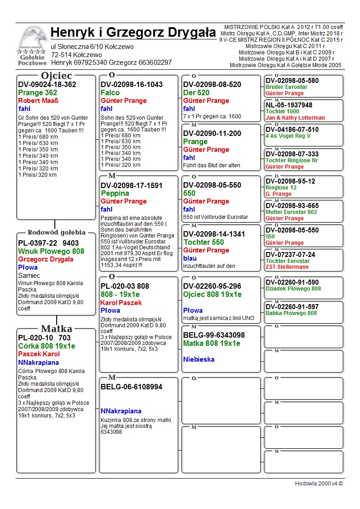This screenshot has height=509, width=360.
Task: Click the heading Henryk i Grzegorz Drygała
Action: coord(133,33)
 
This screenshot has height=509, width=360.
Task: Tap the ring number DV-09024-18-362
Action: coord(47,85)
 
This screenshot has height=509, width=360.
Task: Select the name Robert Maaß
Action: coord(39,101)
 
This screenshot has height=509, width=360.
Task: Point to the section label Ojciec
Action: coord(56,76)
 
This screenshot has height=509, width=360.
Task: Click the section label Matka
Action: coord(56,329)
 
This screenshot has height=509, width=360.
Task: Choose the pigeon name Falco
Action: coord(110,93)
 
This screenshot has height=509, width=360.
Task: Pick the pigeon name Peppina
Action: coord(115,194)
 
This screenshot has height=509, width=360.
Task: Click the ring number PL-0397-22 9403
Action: coord(49,243)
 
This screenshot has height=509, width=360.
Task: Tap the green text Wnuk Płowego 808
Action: coord(51,251)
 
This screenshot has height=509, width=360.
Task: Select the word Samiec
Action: coord(29,276)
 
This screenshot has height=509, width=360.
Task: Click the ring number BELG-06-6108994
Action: coord(131,387)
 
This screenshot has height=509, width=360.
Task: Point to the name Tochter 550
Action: coord(204,242)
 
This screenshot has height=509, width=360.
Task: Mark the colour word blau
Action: coord(190,258)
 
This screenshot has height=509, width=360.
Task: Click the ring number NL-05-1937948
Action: coord(289,105)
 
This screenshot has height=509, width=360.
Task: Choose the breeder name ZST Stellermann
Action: coord(287,267)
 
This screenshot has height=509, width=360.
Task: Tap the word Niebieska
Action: coord(199,359)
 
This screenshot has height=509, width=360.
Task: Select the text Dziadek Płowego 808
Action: coord(293,289)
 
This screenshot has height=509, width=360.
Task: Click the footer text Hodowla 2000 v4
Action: coord(319,484)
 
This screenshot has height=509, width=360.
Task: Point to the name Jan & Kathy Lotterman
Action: coord(295,118)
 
